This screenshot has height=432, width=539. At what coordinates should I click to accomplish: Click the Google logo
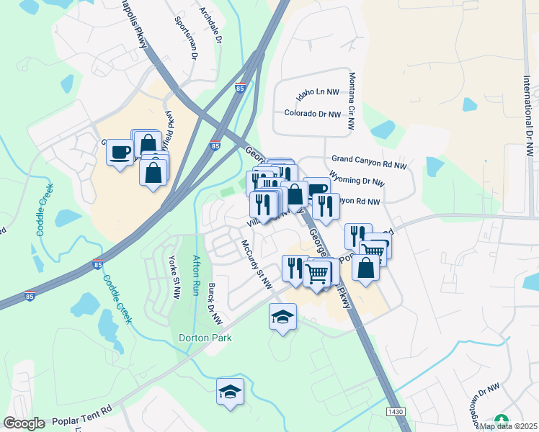point(24,423)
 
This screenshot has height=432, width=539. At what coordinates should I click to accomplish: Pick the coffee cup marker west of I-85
point(119,152)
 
